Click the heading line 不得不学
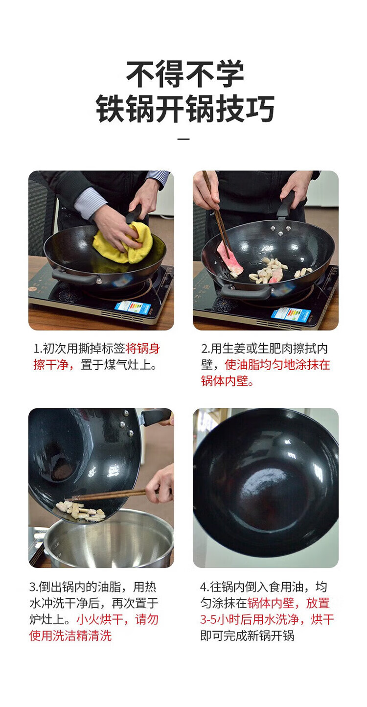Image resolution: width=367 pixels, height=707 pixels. tap(185, 74)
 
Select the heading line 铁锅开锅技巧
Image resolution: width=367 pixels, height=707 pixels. tap(185, 108)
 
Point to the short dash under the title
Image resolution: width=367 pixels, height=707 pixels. tap(183, 139)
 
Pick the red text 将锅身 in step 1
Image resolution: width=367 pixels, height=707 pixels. tap(142, 349)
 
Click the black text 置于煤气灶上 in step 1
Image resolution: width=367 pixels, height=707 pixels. tap(115, 365)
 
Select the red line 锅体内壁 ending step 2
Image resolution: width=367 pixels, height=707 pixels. tap(225, 381)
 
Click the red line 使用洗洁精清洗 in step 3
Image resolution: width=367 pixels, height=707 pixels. tap(70, 636)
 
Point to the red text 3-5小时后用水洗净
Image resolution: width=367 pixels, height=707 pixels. tap(249, 619)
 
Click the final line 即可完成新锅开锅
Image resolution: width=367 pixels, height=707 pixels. tap(247, 636)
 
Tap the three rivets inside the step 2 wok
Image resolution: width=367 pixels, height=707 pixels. tap(280, 231)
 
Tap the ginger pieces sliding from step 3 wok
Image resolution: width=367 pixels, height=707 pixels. tap(81, 511)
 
